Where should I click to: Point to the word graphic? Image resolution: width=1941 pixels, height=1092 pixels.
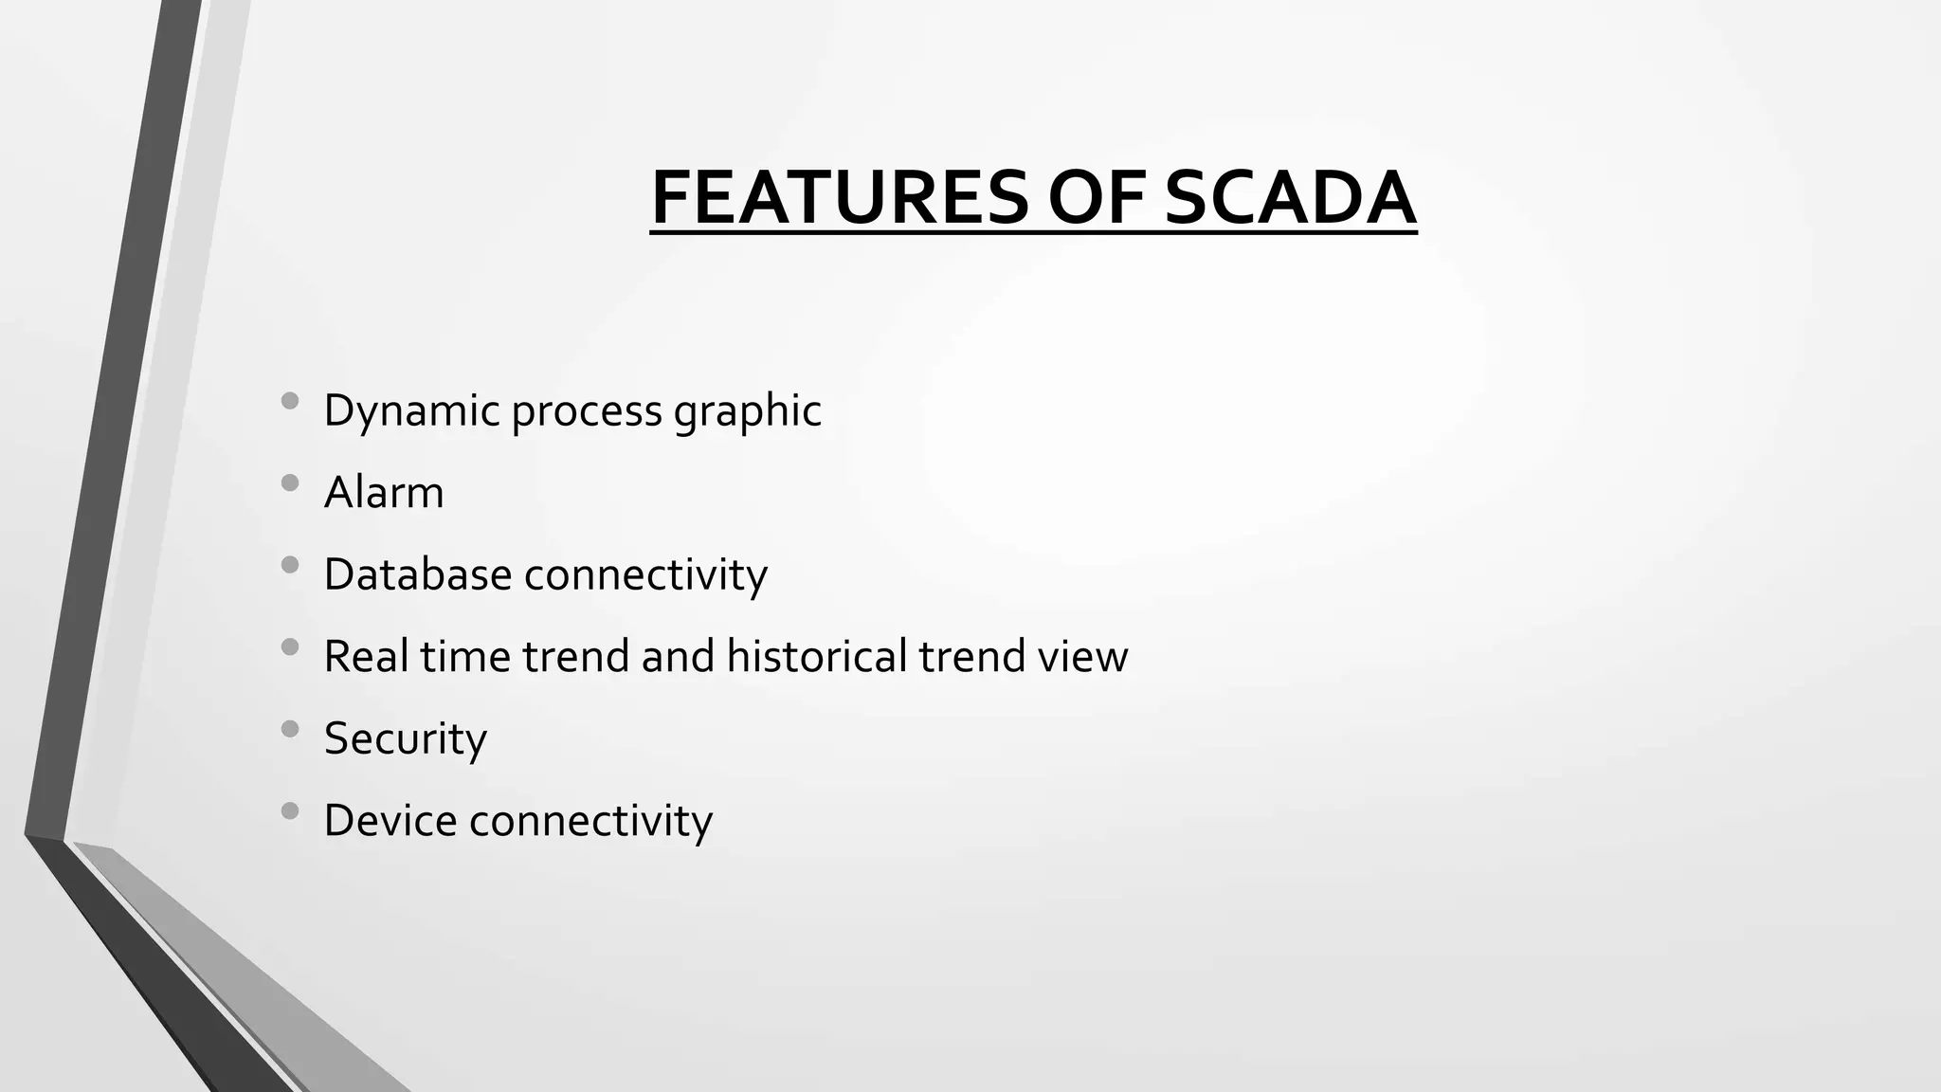coord(747,411)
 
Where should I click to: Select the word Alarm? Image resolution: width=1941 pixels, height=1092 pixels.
coord(384,493)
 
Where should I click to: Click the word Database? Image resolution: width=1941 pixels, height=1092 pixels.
coord(417,574)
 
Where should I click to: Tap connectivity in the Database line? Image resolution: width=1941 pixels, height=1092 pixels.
coord(645,574)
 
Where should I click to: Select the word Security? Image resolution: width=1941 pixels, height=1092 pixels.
coord(406,738)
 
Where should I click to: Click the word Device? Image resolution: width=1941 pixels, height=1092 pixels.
coord(390,820)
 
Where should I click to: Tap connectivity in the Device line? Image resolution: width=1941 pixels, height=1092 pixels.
coord(590,820)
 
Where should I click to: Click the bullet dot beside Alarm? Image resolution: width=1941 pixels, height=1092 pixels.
coord(290,483)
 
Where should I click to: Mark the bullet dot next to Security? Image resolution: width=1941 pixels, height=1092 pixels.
coord(290,729)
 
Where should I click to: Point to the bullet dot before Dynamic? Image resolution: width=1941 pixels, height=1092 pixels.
coord(290,401)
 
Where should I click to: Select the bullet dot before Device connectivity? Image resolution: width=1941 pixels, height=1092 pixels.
coord(290,810)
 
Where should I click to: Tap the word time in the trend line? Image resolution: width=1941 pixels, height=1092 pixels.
coord(465,656)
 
